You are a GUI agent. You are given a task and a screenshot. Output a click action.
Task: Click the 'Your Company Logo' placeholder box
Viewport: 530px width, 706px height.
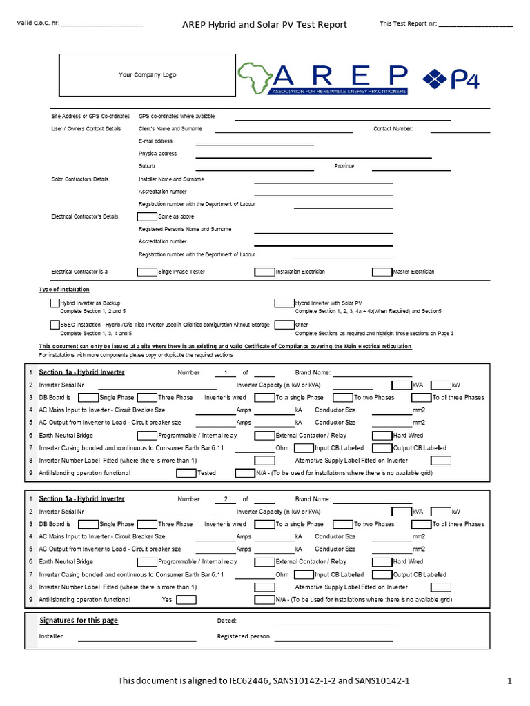coord(147,74)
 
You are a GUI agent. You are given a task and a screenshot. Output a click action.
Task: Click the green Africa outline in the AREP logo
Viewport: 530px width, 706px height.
coord(255,78)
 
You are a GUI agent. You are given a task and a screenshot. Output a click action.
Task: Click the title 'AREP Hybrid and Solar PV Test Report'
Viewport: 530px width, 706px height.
coord(264,25)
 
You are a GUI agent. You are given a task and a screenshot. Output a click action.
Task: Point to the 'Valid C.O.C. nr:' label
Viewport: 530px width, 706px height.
coord(38,24)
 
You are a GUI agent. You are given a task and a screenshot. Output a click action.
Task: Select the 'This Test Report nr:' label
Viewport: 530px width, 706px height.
coord(408,24)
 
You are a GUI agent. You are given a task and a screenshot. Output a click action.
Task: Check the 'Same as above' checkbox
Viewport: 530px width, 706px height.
coord(147,216)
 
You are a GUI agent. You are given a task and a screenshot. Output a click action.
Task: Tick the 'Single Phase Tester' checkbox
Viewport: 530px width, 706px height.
coord(147,272)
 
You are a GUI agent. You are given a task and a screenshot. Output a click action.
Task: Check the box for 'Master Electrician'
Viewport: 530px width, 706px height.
coord(382,272)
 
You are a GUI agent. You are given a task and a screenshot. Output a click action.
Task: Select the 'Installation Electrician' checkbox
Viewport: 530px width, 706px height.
coord(264,272)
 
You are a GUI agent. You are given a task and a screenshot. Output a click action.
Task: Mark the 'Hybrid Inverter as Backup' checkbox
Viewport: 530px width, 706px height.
coord(55,303)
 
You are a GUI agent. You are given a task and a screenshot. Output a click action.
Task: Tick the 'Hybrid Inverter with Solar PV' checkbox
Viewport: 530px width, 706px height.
coord(284,303)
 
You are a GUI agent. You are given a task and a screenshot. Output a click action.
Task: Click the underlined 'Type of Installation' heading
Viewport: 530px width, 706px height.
coord(64,290)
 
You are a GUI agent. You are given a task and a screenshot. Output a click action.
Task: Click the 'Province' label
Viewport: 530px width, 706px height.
coord(344,166)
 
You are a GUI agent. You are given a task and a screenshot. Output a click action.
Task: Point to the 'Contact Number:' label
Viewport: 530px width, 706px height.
coord(393,128)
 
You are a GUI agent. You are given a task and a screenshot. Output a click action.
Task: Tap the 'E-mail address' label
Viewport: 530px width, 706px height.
coord(155,141)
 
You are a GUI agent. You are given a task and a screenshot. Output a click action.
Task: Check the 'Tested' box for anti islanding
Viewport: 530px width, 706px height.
coord(186,473)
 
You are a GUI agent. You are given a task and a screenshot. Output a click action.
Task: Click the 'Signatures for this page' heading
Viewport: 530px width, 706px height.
coord(79,621)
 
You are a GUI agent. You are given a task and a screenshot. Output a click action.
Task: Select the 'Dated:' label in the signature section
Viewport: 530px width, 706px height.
coord(226,621)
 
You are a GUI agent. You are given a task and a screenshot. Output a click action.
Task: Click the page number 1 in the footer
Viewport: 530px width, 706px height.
coord(509,681)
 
